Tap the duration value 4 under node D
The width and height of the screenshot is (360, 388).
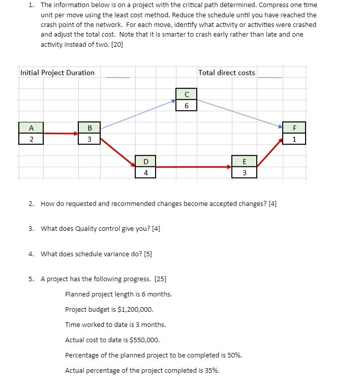point(145,172)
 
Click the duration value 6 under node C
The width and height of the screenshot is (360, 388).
point(187,105)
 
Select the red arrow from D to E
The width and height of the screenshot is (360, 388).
point(193,167)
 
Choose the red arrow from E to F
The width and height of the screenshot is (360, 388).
point(269,152)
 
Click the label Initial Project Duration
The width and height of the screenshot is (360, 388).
point(57,73)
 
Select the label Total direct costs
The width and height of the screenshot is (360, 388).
point(227,73)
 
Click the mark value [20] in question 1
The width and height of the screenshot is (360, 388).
point(116,44)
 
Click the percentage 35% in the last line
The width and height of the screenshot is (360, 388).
point(212,370)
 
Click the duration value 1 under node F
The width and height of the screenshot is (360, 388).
point(294,139)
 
